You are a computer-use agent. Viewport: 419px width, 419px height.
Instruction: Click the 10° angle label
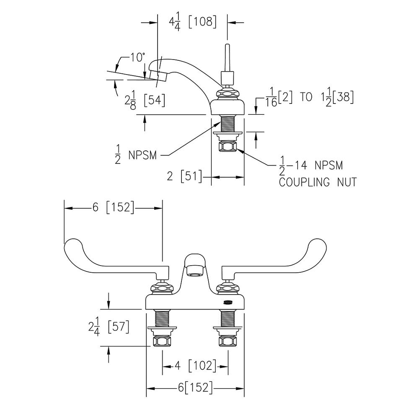(x=137, y=57)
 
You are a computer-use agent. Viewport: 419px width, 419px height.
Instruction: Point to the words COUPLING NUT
(x=318, y=182)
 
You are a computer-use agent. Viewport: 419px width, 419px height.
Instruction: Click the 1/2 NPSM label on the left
(x=135, y=155)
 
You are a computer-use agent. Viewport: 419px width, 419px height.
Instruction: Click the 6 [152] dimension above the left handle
(x=113, y=207)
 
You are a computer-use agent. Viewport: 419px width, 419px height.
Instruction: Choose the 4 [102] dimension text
(x=195, y=366)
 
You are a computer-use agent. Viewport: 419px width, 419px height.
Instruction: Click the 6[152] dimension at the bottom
(x=195, y=388)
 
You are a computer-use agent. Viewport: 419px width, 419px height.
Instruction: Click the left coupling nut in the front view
(x=162, y=341)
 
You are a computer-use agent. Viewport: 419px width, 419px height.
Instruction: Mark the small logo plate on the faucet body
(x=228, y=302)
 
